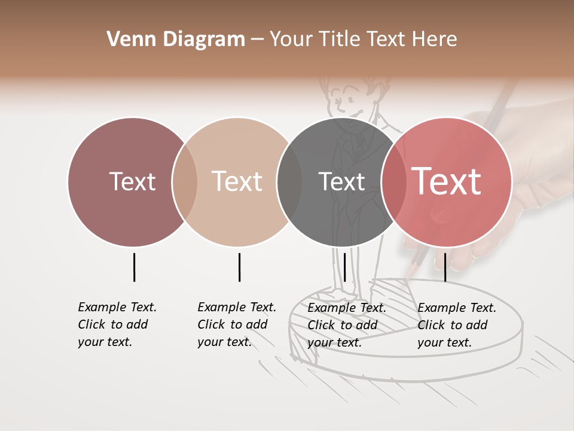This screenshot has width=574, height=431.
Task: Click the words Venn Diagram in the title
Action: tap(176, 40)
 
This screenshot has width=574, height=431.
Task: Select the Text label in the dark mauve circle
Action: tap(132, 181)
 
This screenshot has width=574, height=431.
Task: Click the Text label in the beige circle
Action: tap(237, 181)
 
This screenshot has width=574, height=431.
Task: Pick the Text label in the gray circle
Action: tap(341, 181)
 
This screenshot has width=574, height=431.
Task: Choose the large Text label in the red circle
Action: tap(447, 181)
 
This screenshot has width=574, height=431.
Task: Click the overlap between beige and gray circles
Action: tap(289, 181)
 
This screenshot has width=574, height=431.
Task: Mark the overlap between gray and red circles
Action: tap(393, 181)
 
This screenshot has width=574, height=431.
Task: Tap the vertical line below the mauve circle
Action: tap(134, 267)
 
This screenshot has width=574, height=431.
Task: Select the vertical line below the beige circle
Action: tap(239, 267)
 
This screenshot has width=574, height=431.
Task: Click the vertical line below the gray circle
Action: tap(344, 267)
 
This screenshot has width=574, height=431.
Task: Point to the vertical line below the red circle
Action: tap(445, 267)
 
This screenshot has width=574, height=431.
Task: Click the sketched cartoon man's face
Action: tap(349, 102)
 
